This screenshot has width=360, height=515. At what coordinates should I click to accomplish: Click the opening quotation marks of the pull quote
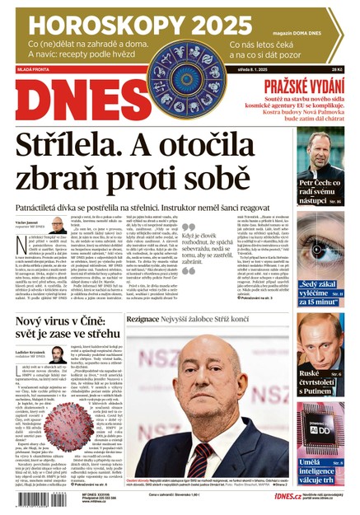188,226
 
